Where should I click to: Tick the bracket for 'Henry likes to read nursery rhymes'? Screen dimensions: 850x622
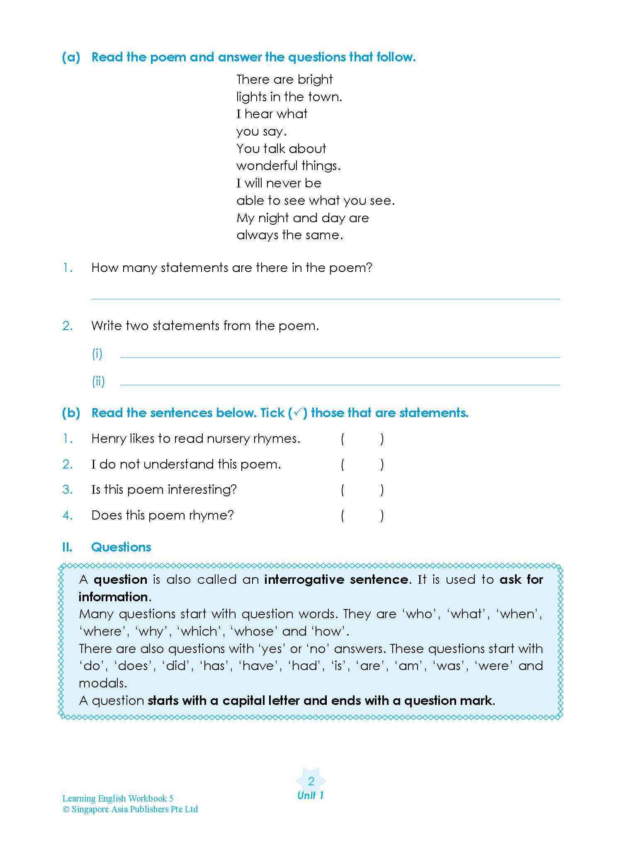click(362, 439)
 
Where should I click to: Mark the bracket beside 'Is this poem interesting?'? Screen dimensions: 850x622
click(362, 490)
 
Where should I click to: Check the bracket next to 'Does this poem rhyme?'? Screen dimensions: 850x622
click(362, 516)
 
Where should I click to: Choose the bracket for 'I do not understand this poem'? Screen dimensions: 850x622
click(362, 465)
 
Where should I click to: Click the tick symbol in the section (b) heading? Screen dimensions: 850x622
click(298, 413)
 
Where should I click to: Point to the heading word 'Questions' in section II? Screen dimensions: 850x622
click(121, 547)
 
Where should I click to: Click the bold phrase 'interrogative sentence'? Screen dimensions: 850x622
click(336, 579)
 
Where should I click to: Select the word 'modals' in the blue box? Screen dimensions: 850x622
click(102, 683)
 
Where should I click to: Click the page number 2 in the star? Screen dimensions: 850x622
click(311, 781)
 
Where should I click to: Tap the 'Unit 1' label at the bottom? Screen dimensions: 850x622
click(311, 795)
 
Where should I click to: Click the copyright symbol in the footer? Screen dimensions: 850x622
click(66, 809)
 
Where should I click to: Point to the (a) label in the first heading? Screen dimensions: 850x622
click(71, 57)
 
